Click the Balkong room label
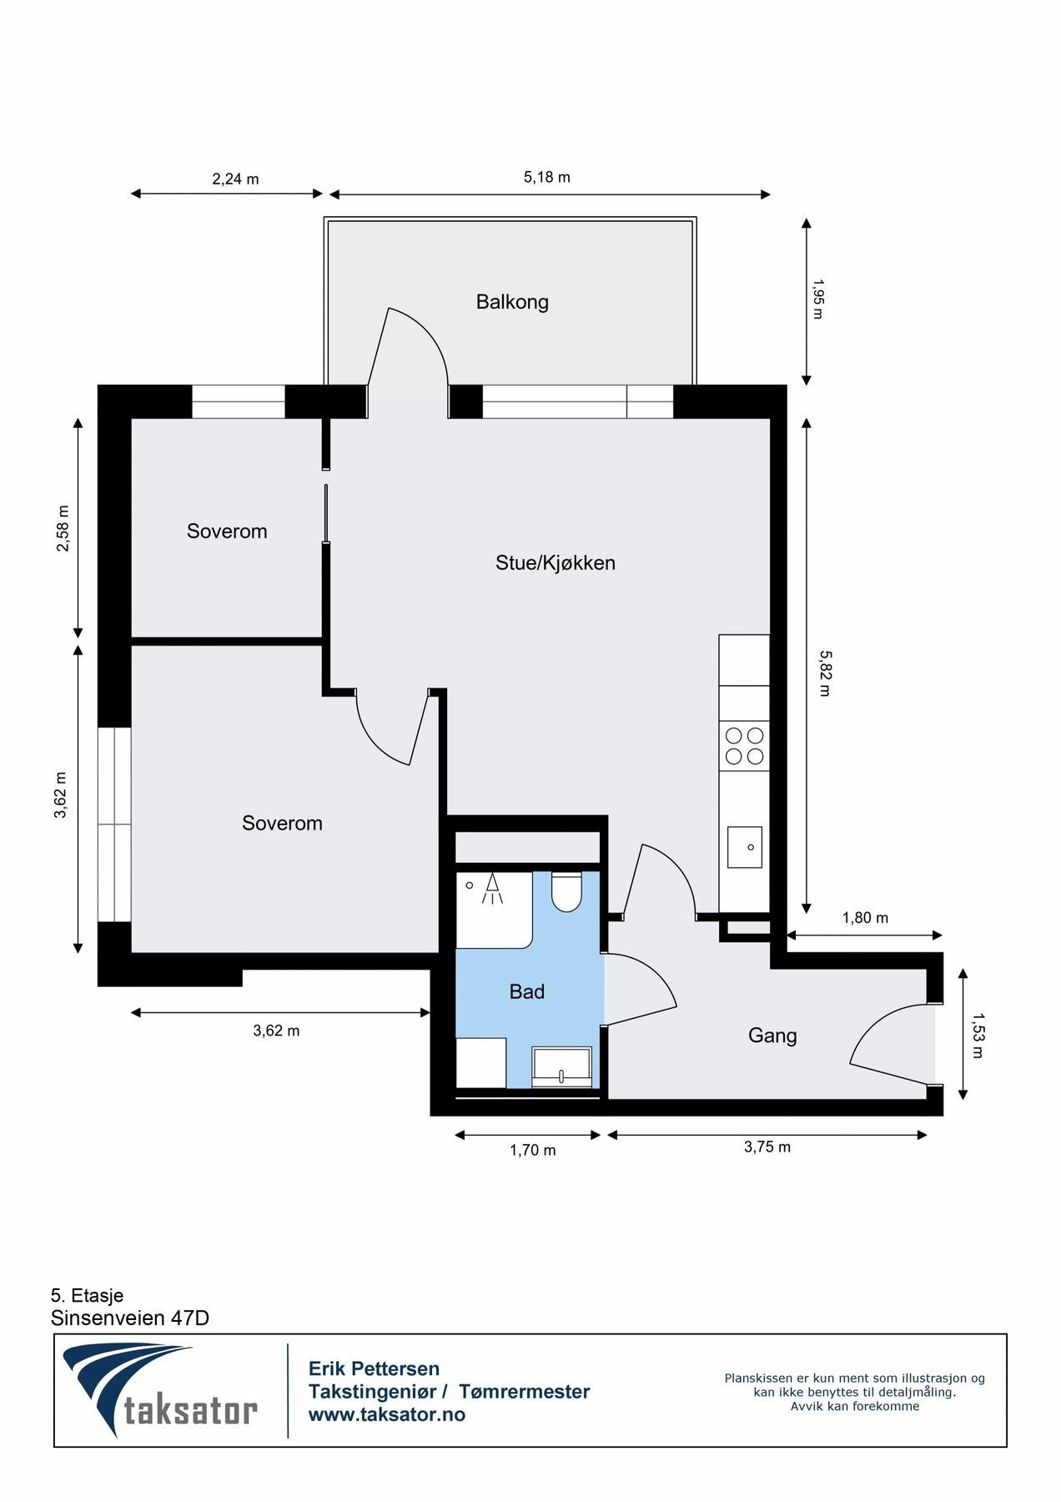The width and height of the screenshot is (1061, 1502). (x=512, y=302)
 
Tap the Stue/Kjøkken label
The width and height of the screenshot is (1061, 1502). (x=556, y=563)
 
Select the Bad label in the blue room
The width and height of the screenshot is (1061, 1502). (x=527, y=991)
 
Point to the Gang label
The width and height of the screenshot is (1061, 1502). (x=772, y=1036)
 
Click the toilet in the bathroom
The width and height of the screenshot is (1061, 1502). (x=567, y=892)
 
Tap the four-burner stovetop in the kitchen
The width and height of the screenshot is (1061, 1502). (x=745, y=746)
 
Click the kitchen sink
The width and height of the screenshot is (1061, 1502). (x=745, y=847)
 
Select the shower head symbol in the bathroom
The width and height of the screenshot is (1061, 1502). (x=493, y=889)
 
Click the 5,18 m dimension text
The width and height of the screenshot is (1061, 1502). (x=547, y=177)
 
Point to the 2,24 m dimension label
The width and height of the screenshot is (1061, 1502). (x=235, y=179)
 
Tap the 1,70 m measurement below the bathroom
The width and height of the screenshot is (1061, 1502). (x=533, y=1150)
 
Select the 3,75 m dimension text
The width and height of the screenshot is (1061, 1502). (x=767, y=1147)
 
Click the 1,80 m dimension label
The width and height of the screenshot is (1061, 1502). (x=865, y=918)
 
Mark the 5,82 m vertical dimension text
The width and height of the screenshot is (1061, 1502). (x=825, y=673)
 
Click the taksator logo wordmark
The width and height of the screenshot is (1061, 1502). (x=191, y=1410)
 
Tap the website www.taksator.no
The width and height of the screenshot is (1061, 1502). (x=387, y=1414)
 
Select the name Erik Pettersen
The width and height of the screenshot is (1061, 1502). (x=374, y=1368)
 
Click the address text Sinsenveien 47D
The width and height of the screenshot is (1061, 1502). (x=130, y=1318)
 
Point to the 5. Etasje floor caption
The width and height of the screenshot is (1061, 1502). (x=87, y=1295)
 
